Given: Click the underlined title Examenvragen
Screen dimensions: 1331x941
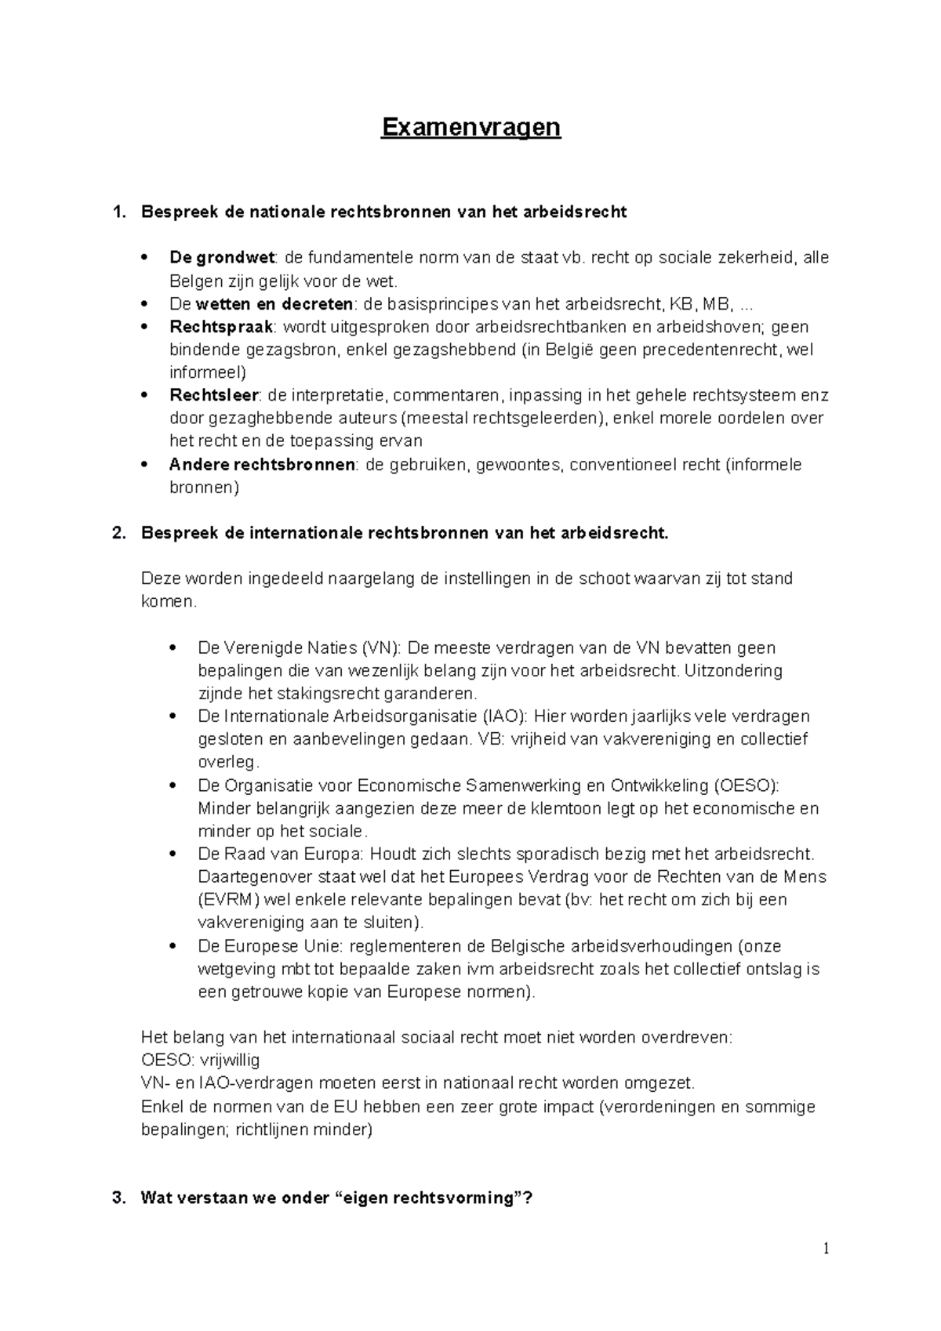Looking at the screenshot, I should point(470,127).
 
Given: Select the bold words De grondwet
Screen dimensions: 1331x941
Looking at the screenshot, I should point(222,258).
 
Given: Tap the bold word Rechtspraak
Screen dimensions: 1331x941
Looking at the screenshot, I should point(221,327).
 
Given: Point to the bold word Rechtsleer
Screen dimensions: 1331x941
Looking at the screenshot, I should point(213,395).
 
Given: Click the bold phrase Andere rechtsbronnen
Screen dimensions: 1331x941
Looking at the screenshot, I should point(262,465).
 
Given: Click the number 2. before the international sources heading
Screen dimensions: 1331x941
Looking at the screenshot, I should point(118,534).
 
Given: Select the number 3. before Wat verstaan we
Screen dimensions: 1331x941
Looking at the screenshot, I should point(118,1199).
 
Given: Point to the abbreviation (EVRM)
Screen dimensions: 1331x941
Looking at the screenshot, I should point(224,900).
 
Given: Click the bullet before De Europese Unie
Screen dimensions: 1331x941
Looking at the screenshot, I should point(172,946).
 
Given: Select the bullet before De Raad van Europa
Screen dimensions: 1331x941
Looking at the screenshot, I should point(172,854).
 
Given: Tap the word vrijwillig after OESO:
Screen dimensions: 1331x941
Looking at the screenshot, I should point(231,1061).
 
